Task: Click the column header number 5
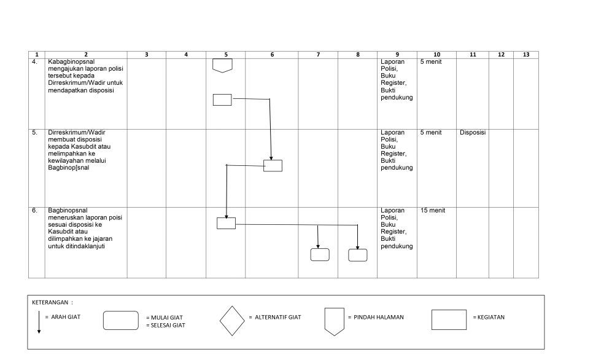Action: pos(226,55)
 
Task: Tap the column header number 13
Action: pos(526,55)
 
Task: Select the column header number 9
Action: pos(397,55)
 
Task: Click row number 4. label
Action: pos(34,61)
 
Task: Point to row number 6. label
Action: pos(34,211)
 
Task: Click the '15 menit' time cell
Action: pos(433,211)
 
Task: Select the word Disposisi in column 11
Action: pos(473,133)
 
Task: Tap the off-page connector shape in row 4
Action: pos(222,66)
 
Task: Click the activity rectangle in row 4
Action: pos(222,100)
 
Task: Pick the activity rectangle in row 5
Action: pos(273,166)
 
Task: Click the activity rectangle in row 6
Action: pos(226,224)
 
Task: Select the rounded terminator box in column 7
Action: pos(320,255)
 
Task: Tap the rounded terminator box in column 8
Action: pos(358,255)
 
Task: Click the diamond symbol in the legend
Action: pos(232,321)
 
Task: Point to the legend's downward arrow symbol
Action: pos(39,322)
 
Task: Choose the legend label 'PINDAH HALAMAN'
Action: pos(379,317)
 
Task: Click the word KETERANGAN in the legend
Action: pos(50,302)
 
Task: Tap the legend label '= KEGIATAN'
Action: pos(489,317)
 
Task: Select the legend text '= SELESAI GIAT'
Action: pos(166,325)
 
